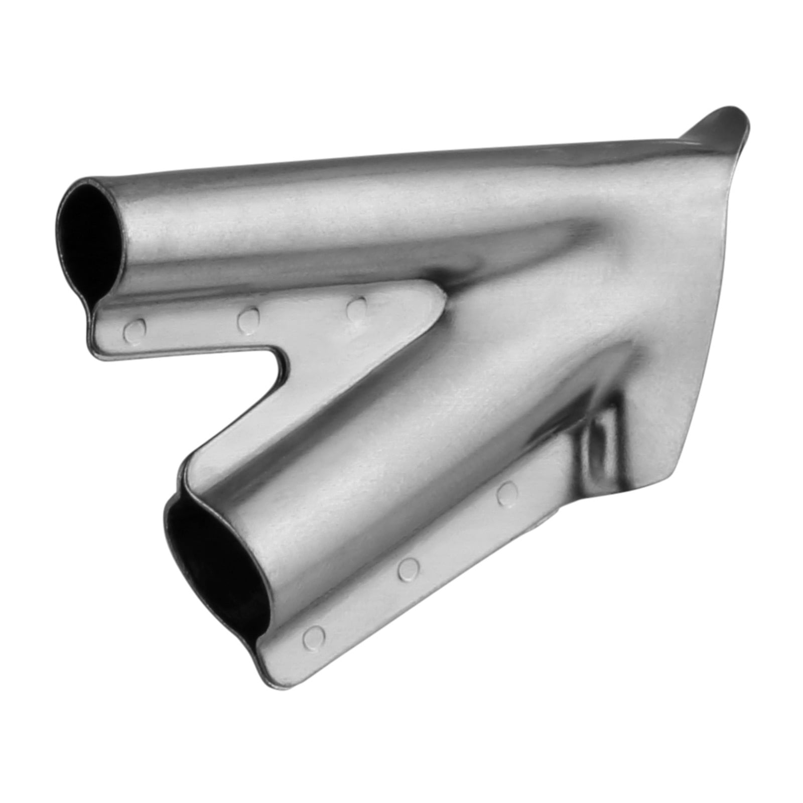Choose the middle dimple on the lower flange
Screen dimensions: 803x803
[x=409, y=568]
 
